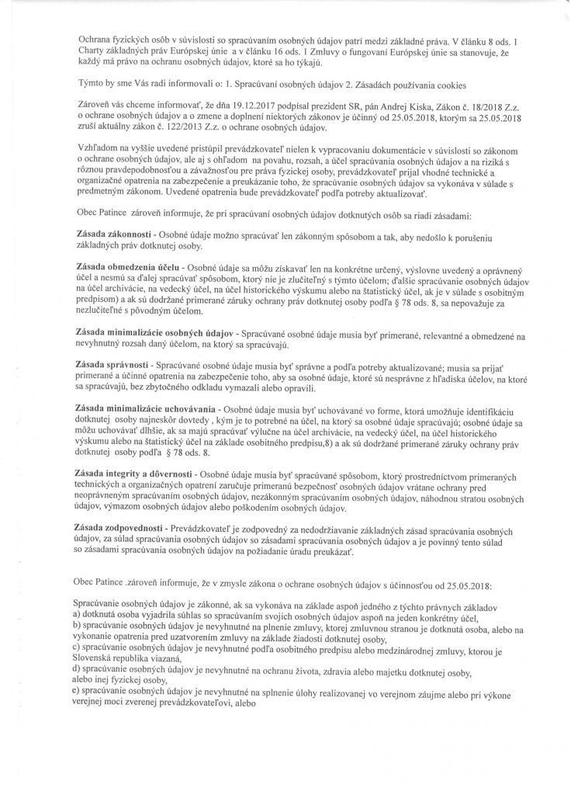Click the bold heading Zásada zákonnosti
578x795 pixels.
[121, 234]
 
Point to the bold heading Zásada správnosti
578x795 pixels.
[115, 364]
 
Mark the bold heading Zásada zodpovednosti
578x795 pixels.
[124, 528]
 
